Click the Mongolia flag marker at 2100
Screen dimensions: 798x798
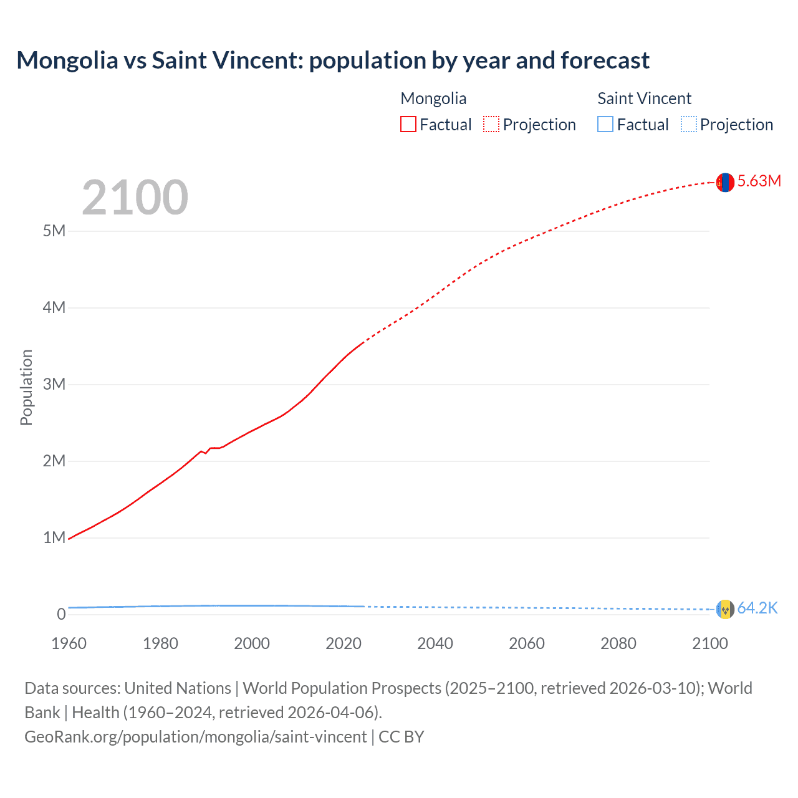[724, 182]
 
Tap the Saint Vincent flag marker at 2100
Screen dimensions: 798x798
[724, 609]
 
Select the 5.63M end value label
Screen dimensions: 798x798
[759, 181]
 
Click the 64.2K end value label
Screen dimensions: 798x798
[757, 608]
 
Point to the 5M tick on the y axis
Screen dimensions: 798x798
[54, 231]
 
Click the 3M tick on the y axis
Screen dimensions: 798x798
[54, 385]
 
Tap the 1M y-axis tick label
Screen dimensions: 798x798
[54, 538]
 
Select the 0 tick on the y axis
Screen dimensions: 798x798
[61, 615]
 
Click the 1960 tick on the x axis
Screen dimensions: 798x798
[69, 644]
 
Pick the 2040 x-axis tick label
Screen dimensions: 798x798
[435, 644]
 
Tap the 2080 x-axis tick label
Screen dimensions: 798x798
[618, 644]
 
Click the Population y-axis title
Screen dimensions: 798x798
[26, 387]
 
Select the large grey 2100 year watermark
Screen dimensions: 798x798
[135, 198]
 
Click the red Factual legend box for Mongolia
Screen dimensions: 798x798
[408, 125]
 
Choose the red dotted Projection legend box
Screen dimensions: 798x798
[491, 125]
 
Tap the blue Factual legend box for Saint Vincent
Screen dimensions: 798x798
[605, 125]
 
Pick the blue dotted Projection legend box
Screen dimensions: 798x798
[688, 125]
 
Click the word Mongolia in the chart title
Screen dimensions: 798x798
[67, 60]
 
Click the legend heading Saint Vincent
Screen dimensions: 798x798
[644, 99]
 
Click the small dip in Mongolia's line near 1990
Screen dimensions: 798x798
[205, 453]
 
